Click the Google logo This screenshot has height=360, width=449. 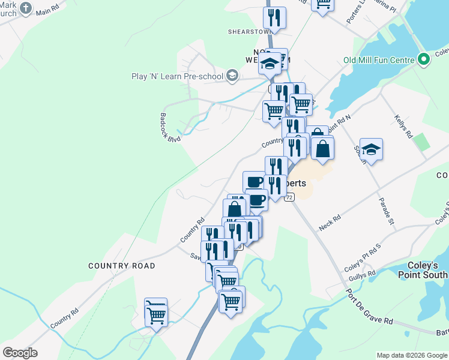coord(20,353)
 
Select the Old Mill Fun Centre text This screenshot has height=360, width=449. coord(379,60)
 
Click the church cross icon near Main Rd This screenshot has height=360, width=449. coord(25,8)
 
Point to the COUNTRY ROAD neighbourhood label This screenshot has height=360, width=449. coord(122,266)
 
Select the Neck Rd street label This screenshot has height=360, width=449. coord(330,224)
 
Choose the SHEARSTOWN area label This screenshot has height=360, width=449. coord(247,32)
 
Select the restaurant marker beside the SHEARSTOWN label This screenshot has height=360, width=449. coord(274,17)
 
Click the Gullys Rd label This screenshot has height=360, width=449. coord(364,275)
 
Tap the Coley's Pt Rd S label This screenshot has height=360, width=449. coord(363,257)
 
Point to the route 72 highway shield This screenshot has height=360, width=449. coord(290,197)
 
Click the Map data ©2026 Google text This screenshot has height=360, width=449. coord(411,355)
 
